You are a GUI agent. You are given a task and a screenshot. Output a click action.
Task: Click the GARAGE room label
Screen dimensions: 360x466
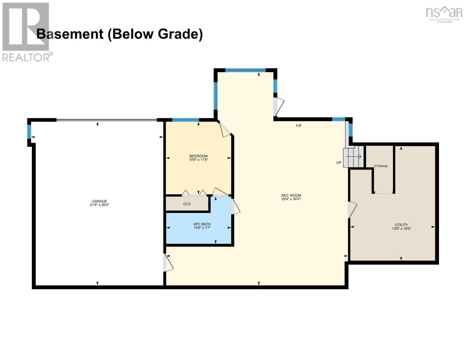[99, 201]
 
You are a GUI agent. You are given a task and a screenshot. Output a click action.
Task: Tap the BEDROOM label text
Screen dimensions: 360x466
[198, 156]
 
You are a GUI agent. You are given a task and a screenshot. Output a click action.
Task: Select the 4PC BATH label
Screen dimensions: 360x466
[202, 224]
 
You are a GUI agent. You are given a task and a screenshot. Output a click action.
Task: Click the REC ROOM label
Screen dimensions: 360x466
[291, 195]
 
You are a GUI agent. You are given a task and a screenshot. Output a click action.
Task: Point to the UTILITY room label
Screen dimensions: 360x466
[401, 225]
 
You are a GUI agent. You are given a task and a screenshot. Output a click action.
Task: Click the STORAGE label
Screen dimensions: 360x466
[380, 166]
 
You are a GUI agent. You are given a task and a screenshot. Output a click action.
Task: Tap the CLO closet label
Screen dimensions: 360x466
[187, 204]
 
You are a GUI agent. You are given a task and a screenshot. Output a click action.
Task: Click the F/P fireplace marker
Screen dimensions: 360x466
[299, 126]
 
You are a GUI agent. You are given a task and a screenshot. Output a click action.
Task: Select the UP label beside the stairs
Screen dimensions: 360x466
[339, 163]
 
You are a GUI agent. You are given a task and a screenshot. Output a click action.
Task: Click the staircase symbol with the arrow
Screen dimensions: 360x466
[353, 157]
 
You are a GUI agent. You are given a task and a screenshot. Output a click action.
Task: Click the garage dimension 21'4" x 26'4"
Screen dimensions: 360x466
[99, 205]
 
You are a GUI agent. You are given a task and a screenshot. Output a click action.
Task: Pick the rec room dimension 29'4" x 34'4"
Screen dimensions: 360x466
[291, 199]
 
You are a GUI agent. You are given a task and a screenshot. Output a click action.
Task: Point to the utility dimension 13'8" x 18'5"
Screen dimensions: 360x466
[401, 229]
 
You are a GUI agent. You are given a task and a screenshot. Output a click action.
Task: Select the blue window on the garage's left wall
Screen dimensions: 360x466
[29, 132]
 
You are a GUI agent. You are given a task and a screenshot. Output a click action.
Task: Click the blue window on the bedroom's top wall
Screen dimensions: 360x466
[185, 120]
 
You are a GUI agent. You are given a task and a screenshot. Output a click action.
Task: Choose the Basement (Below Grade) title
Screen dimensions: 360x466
[119, 34]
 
